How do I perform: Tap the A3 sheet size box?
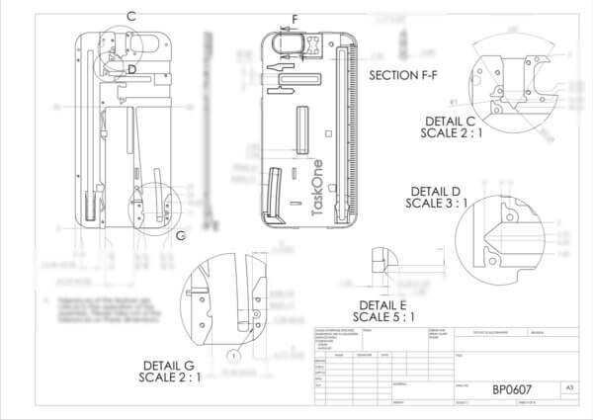[x=568, y=388]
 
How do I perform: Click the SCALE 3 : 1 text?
[x=436, y=204]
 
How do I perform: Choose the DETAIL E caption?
[x=383, y=304]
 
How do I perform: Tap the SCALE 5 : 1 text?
[x=383, y=317]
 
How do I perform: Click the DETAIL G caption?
[x=170, y=366]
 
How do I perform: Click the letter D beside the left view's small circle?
[x=131, y=68]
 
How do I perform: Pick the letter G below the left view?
[x=180, y=236]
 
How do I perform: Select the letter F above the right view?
[x=294, y=18]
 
